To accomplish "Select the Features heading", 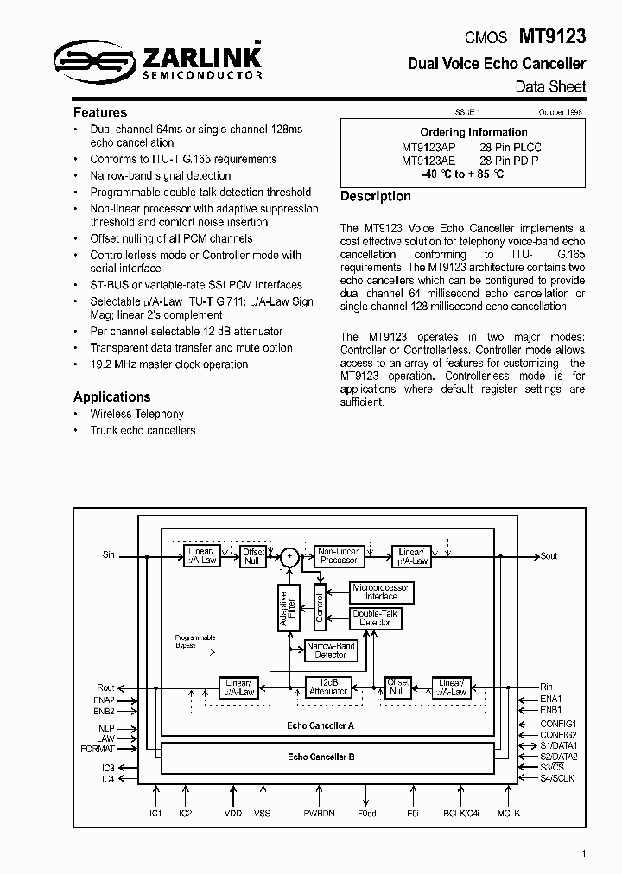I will (x=100, y=112).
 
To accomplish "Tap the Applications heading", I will (x=112, y=396).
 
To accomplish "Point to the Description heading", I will (x=376, y=196).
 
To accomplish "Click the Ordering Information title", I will (x=473, y=132).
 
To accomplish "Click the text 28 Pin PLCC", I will (x=511, y=147).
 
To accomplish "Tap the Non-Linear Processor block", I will (x=338, y=556).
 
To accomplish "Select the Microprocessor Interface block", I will (x=381, y=592).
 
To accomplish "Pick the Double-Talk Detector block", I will (x=375, y=618).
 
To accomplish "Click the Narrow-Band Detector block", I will (x=330, y=650).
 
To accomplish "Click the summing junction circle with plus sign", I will (x=291, y=557).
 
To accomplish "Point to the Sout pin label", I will (x=549, y=556).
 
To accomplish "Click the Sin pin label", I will (x=108, y=555).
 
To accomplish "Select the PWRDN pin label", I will (x=318, y=813).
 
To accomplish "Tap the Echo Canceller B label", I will (x=321, y=756).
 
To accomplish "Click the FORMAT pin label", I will (x=98, y=749).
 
